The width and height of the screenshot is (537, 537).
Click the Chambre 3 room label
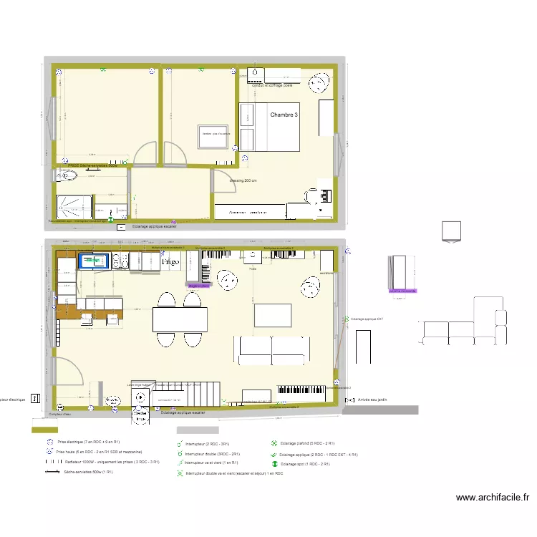click(284, 115)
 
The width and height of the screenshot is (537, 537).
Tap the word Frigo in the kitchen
click(170, 263)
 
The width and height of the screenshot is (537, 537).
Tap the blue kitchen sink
click(92, 261)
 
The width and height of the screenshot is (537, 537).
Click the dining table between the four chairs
click(180, 317)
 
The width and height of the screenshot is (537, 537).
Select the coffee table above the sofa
click(271, 314)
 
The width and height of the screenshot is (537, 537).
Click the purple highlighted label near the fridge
click(198, 285)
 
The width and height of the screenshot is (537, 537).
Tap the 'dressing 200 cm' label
click(243, 180)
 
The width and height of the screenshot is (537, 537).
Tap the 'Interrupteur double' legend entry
click(212, 454)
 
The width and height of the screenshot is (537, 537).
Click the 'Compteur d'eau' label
click(62, 414)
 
